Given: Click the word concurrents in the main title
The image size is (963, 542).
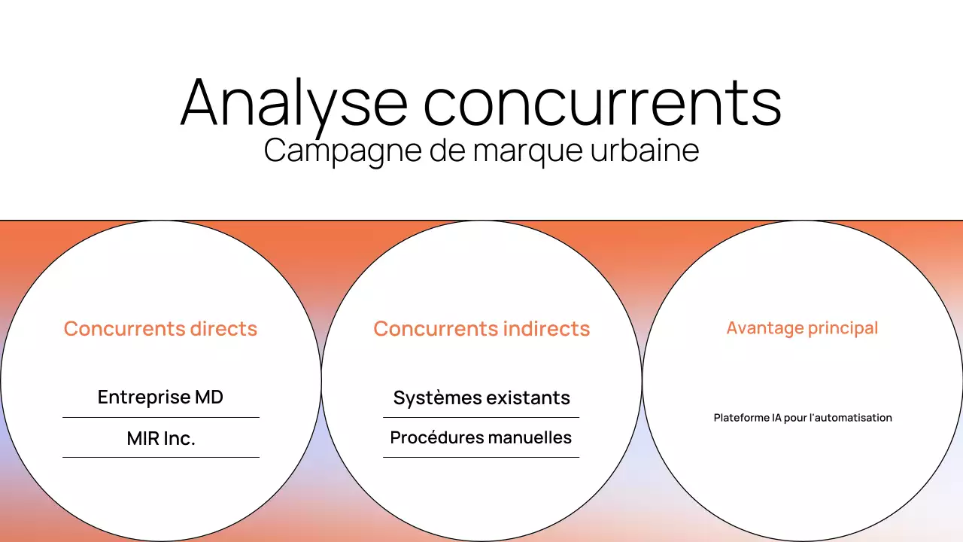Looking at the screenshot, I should [x=602, y=102].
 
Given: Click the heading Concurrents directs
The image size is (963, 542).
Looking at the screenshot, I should [x=160, y=329].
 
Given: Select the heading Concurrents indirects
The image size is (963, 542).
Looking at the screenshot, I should [x=481, y=329].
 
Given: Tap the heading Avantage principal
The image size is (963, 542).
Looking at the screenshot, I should [x=802, y=328].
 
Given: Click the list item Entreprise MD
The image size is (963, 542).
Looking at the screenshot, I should [x=160, y=397].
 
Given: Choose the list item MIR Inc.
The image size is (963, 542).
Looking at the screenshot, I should [x=161, y=438].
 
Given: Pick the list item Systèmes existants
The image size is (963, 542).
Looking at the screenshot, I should [x=481, y=397].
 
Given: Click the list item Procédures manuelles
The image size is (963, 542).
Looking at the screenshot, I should [x=481, y=437].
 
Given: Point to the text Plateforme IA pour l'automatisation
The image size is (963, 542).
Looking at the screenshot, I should [x=803, y=418].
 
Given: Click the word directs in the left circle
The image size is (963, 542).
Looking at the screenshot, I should [x=223, y=329].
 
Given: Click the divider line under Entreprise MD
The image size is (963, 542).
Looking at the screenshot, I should [x=161, y=417].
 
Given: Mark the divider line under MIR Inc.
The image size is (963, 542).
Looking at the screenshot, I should [x=161, y=457].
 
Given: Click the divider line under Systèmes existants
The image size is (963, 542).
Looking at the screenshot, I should [x=481, y=417].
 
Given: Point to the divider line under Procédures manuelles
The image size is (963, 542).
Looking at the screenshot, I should [x=481, y=457].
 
